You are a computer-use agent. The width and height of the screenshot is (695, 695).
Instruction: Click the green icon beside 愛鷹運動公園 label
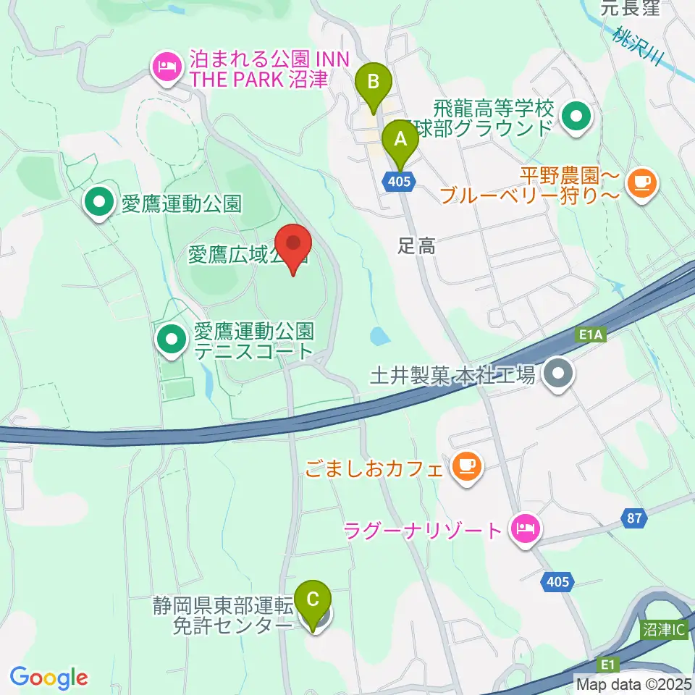pos(99,203)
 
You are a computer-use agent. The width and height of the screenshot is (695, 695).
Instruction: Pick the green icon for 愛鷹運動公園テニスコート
pos(172,340)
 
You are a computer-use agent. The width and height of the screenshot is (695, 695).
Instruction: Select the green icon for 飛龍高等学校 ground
pos(576,117)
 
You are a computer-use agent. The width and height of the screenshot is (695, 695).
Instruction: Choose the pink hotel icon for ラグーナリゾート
pos(523,529)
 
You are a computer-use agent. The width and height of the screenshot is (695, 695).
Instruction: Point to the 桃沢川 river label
pos(637,46)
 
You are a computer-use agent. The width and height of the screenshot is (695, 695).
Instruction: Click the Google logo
pos(49,678)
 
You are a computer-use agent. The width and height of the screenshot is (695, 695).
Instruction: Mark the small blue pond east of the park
pos(377,336)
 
